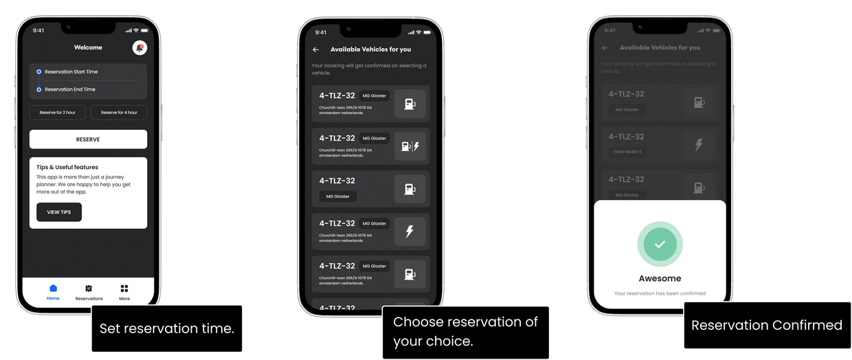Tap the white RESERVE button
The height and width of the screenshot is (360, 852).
click(88, 139)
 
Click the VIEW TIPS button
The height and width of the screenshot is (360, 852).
click(59, 212)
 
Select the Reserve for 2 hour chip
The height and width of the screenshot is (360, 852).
click(58, 112)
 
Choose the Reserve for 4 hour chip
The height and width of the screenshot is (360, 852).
click(119, 112)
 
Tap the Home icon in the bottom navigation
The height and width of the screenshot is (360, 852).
click(53, 289)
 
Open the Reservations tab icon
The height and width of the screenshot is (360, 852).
click(89, 289)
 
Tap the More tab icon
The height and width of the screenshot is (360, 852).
click(124, 289)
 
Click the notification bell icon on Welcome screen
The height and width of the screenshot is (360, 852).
click(139, 48)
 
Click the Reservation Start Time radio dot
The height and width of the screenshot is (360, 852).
click(39, 71)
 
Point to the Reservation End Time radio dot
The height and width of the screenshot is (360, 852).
click(39, 89)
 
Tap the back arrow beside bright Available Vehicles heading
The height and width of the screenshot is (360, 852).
click(315, 49)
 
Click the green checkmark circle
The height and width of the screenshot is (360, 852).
click(660, 244)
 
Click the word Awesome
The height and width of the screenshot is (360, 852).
click(660, 278)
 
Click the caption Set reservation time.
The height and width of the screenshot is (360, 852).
click(167, 328)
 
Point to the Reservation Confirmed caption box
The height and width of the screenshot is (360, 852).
click(766, 325)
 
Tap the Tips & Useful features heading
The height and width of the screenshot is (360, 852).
click(67, 167)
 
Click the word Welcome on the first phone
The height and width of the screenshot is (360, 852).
click(88, 47)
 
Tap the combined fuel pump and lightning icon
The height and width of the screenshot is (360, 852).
click(410, 146)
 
